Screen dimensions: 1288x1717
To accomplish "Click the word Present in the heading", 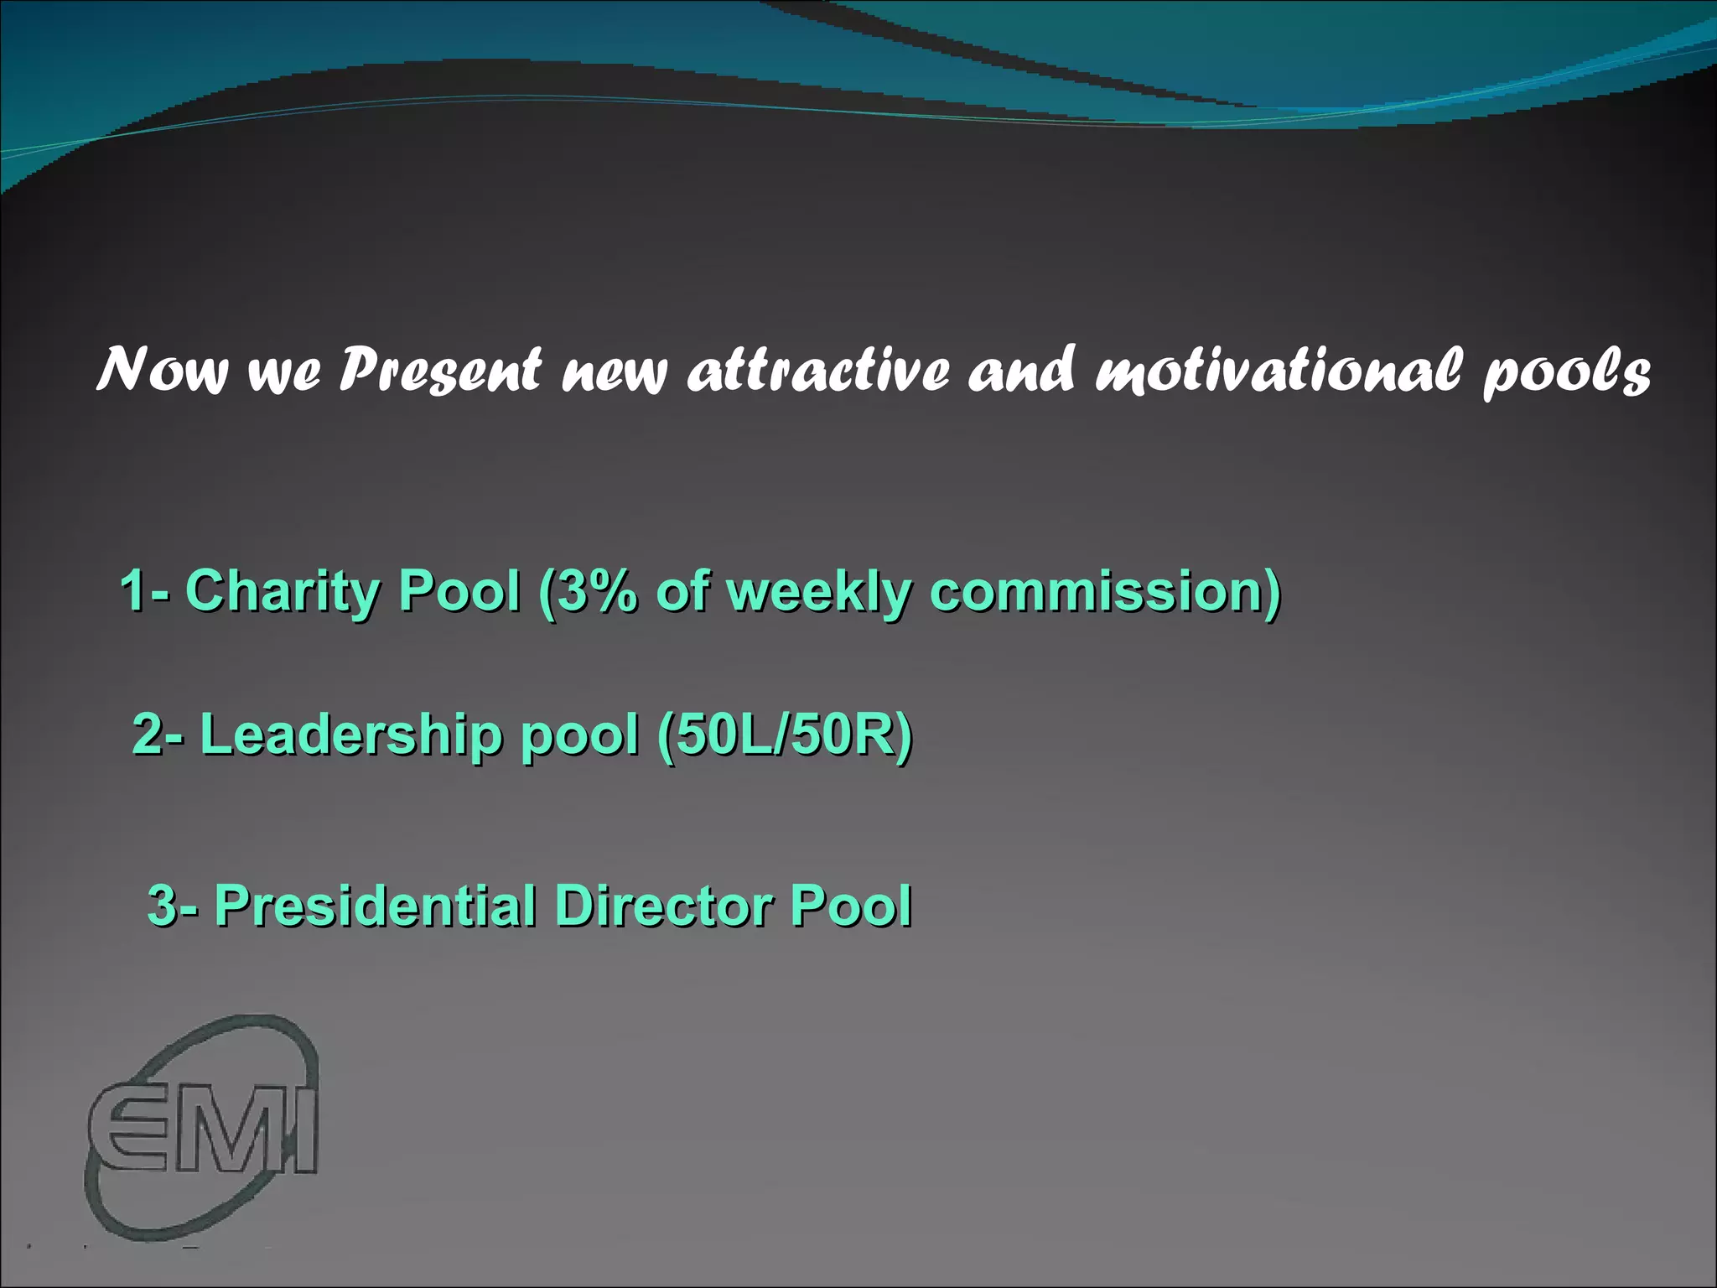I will [x=440, y=370].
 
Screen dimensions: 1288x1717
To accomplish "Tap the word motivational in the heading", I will [x=1279, y=370].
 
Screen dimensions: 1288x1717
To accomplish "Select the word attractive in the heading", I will [x=818, y=370].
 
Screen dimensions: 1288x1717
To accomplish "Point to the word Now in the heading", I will [x=162, y=370].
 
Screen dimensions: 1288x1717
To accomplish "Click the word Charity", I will [x=282, y=591].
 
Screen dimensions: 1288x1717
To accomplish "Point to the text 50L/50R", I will [x=785, y=735].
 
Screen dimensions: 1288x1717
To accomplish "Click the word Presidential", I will [x=374, y=906].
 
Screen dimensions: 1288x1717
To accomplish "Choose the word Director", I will [x=662, y=906].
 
